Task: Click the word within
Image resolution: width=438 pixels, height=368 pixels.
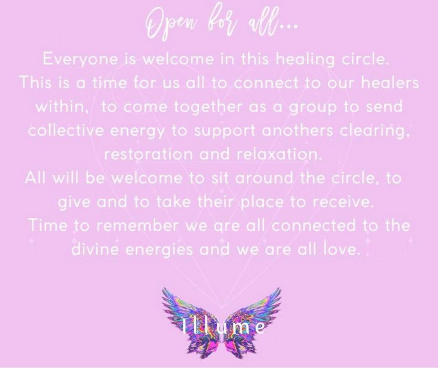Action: coord(62,106)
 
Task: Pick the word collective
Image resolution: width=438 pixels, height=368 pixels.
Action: coord(66,130)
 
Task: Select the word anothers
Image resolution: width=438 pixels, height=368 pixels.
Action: coord(297,130)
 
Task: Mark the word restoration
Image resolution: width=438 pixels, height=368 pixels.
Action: coord(148,154)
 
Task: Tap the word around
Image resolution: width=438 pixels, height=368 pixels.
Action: coord(265,178)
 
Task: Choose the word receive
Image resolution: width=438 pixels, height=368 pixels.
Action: coord(343,202)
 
